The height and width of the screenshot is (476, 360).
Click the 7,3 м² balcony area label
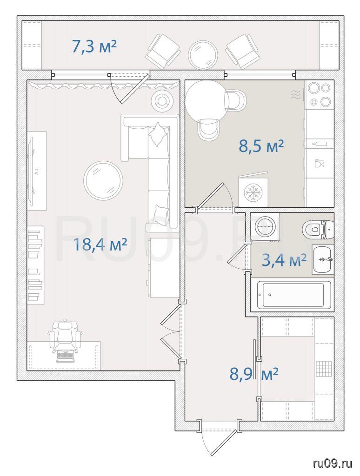pyautogui.click(x=94, y=46)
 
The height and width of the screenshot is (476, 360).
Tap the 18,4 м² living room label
pyautogui.click(x=100, y=244)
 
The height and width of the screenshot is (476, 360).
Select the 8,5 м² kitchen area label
pyautogui.click(x=261, y=146)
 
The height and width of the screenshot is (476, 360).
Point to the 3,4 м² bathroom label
pyautogui.click(x=284, y=260)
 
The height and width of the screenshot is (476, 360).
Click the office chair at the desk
pyautogui.click(x=65, y=340)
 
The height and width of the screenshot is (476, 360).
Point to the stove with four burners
pyautogui.click(x=319, y=95)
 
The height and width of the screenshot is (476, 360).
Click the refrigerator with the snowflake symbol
pyautogui.click(x=253, y=190)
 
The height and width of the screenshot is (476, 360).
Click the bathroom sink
pyautogui.click(x=323, y=259)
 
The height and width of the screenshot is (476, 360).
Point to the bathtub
pyautogui.click(x=293, y=295)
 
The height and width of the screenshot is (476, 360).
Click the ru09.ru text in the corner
pyautogui.click(x=333, y=463)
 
